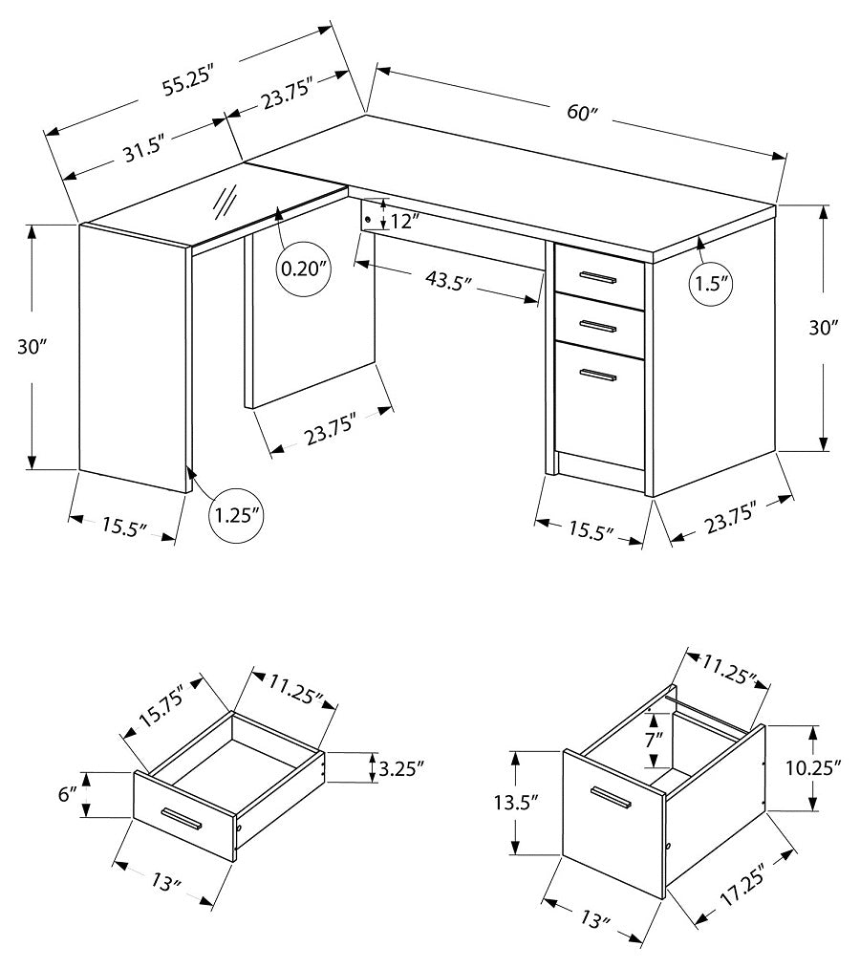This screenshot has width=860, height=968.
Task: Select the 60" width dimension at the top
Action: coord(581,112)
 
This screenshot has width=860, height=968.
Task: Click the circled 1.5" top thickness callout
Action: coord(711,283)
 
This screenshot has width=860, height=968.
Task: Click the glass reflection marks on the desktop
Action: coord(226,202)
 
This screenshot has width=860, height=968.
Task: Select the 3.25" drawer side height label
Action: coord(399,767)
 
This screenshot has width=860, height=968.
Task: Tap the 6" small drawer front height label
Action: coord(66,794)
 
